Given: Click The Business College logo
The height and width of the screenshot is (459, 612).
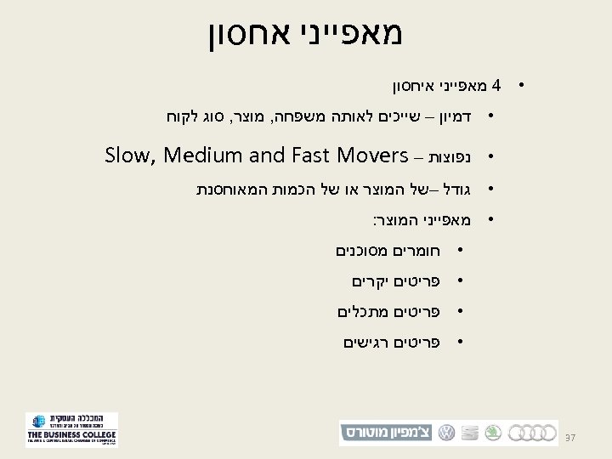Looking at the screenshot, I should [x=71, y=430].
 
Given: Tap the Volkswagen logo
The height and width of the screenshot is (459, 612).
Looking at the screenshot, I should [x=445, y=433].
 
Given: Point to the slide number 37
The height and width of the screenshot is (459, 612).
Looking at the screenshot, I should [x=571, y=437].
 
